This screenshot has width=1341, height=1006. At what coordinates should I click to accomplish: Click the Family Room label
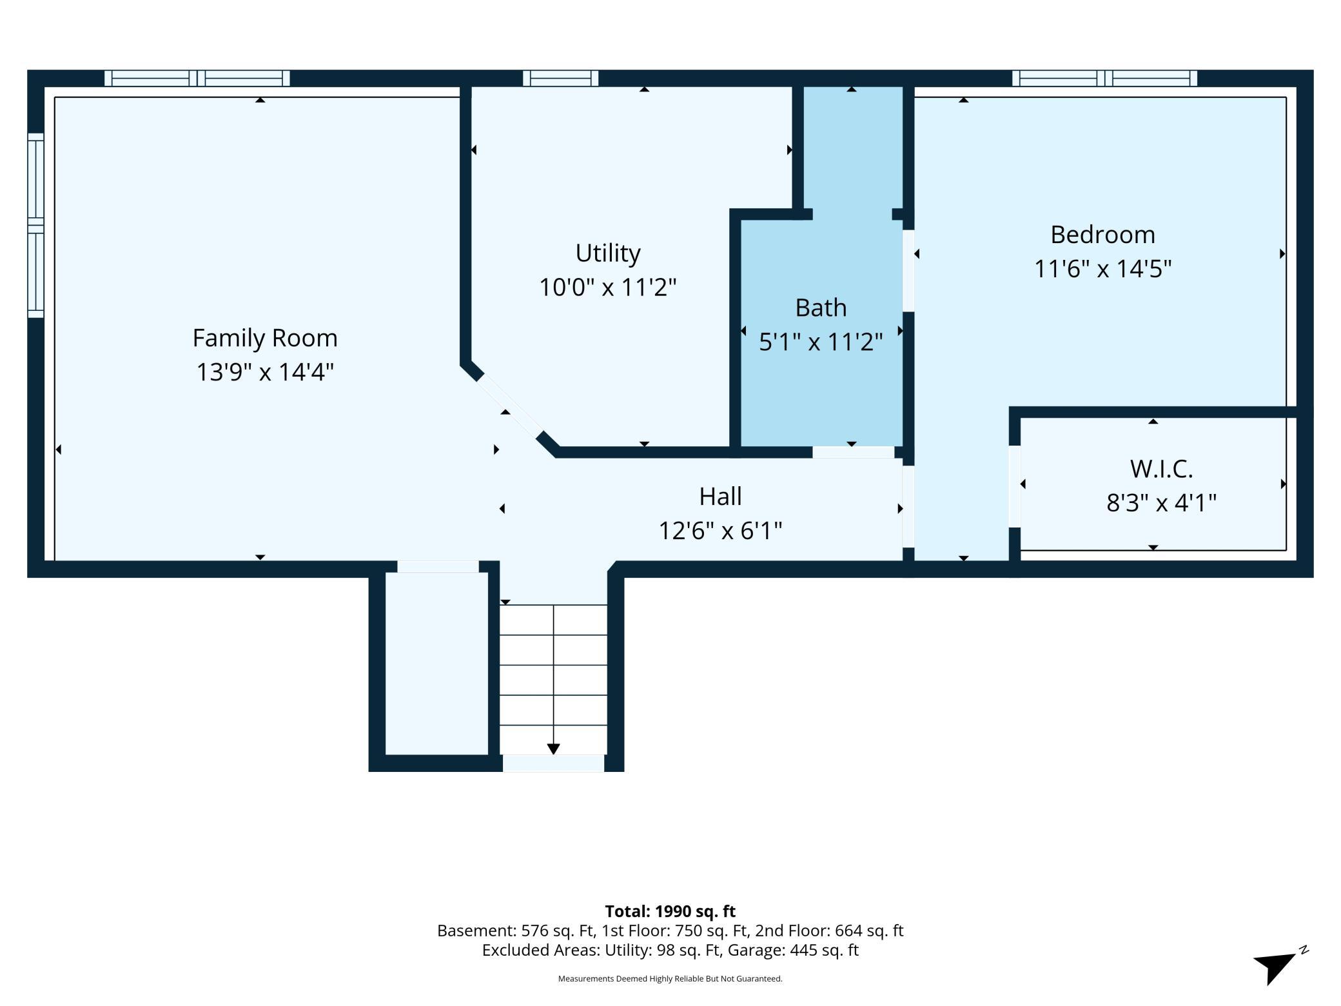(x=265, y=338)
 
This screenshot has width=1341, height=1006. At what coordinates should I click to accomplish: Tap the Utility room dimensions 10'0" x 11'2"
(x=607, y=287)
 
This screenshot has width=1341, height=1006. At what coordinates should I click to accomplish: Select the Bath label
(x=821, y=308)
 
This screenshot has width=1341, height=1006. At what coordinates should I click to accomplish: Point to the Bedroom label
(x=1102, y=235)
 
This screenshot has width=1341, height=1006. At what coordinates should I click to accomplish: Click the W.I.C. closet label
(x=1161, y=469)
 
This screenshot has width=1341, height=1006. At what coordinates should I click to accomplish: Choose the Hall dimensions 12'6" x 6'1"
(x=720, y=531)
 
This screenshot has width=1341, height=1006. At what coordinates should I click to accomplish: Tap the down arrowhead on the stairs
(x=553, y=749)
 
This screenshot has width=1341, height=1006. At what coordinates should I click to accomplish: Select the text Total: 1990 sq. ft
(x=670, y=911)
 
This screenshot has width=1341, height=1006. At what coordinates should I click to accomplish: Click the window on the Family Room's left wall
(x=35, y=225)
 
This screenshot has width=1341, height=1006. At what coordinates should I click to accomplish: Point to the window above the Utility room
(x=560, y=78)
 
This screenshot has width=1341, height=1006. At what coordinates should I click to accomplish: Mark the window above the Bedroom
(x=1104, y=78)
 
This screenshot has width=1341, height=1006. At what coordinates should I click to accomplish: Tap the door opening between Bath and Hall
(x=853, y=452)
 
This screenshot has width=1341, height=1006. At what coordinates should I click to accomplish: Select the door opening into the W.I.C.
(x=1014, y=486)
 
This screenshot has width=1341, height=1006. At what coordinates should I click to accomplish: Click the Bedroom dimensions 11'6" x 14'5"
(x=1102, y=269)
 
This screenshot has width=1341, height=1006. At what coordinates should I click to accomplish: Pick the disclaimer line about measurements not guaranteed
(x=670, y=978)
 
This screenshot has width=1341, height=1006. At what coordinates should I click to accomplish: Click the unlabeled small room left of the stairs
(x=436, y=663)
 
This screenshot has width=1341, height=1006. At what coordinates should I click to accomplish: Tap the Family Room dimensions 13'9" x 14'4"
(x=265, y=372)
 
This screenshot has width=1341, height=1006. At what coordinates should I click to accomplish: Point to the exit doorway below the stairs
(x=553, y=763)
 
